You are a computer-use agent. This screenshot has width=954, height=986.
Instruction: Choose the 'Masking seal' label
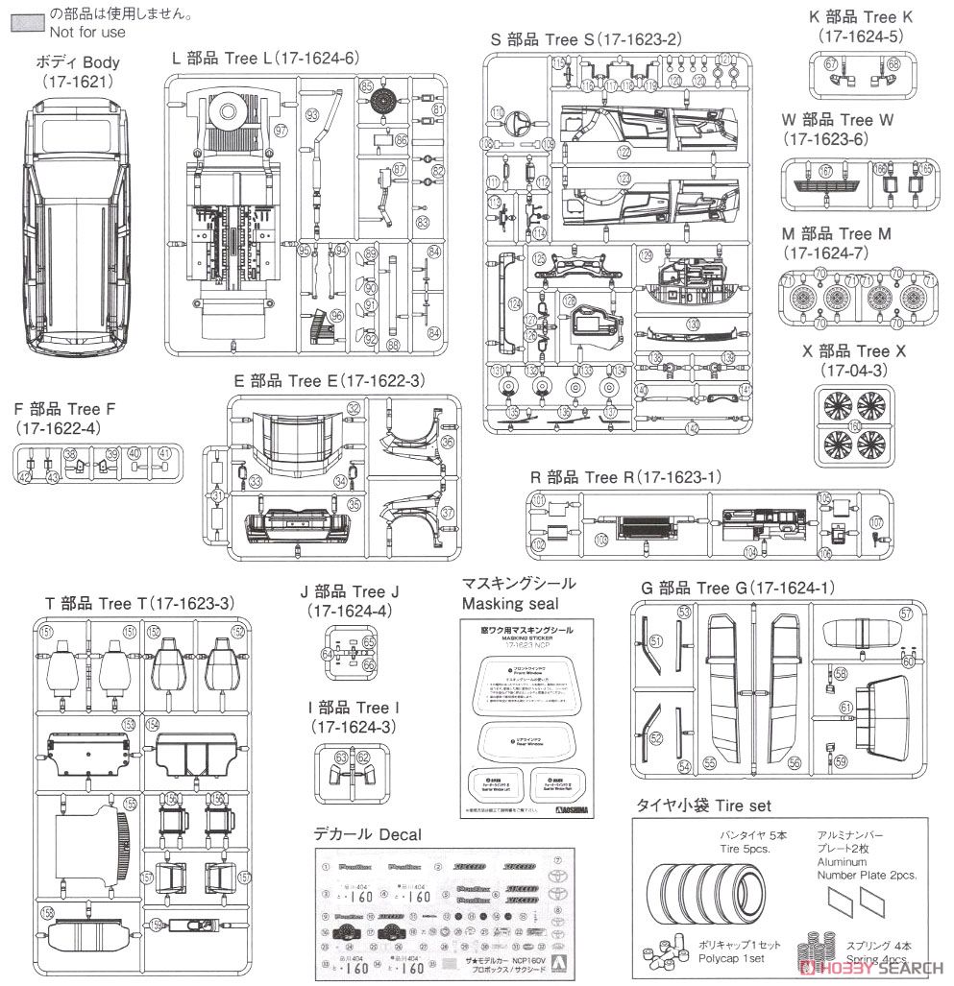pos(505,604)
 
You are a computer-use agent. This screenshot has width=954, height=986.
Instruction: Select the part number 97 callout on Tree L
pos(281,131)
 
